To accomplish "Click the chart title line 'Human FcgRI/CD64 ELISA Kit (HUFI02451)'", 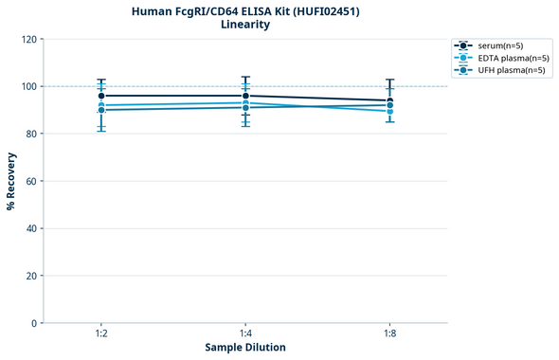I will tap(244, 10).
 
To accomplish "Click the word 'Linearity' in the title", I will tap(244, 25).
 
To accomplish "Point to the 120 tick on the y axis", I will tap(27, 39).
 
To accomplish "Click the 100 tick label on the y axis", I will tap(27, 86).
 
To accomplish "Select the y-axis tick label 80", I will tap(30, 134).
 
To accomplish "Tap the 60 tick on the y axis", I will tap(30, 181).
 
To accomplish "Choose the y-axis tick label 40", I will tap(30, 228).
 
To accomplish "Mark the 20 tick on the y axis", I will tap(30, 276).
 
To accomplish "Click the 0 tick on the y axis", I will tap(33, 323).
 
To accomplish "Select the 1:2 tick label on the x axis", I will tap(100, 334).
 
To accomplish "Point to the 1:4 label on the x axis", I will tap(245, 334).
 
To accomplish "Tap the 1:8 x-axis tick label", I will tap(389, 334).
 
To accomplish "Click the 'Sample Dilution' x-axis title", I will tap(245, 348).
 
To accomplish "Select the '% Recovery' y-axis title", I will tap(10, 181).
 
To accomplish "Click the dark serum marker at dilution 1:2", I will tap(101, 96).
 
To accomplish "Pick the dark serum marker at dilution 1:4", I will tap(245, 96).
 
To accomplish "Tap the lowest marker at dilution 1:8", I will tap(389, 111).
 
